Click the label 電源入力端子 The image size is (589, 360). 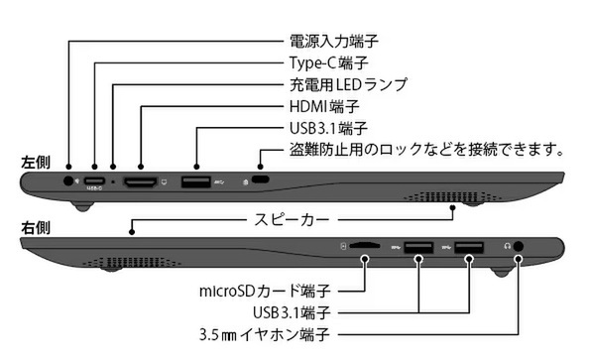point(333,41)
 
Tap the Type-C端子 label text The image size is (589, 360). point(327,62)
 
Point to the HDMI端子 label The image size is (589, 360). point(323,106)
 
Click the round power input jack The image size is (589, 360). point(69,180)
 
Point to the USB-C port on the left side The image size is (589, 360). point(95,180)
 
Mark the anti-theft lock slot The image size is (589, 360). point(262,180)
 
